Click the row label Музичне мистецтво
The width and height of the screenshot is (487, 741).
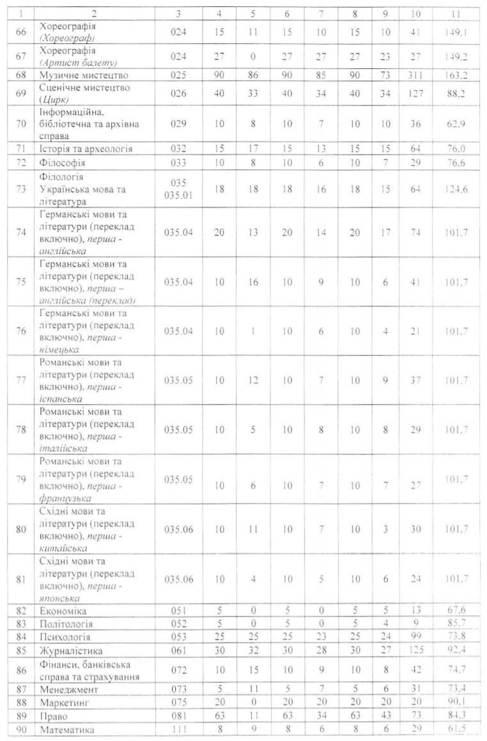(81, 75)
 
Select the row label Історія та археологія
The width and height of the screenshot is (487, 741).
(86, 149)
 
